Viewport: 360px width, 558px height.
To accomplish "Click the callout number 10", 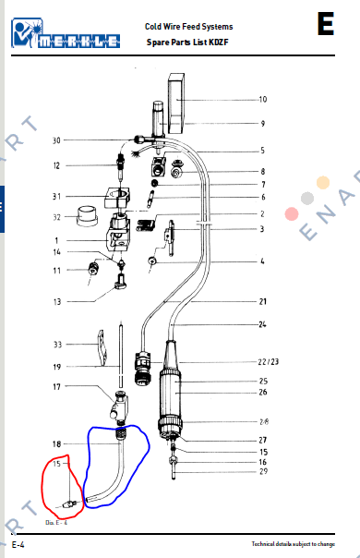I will (263, 99).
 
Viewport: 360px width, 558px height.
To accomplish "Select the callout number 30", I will (56, 140).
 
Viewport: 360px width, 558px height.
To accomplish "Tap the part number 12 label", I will (56, 166).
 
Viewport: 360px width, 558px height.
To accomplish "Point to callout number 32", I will (56, 217).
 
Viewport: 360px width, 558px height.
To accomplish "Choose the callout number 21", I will (263, 302).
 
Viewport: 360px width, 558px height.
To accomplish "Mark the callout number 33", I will (56, 345).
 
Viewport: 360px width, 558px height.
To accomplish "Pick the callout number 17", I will (56, 387).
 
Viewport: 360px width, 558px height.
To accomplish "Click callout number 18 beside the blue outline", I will (56, 444).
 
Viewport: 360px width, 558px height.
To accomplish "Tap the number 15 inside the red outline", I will (57, 464).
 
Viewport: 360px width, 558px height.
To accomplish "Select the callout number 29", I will (263, 472).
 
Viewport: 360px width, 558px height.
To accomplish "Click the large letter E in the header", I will (325, 24).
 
